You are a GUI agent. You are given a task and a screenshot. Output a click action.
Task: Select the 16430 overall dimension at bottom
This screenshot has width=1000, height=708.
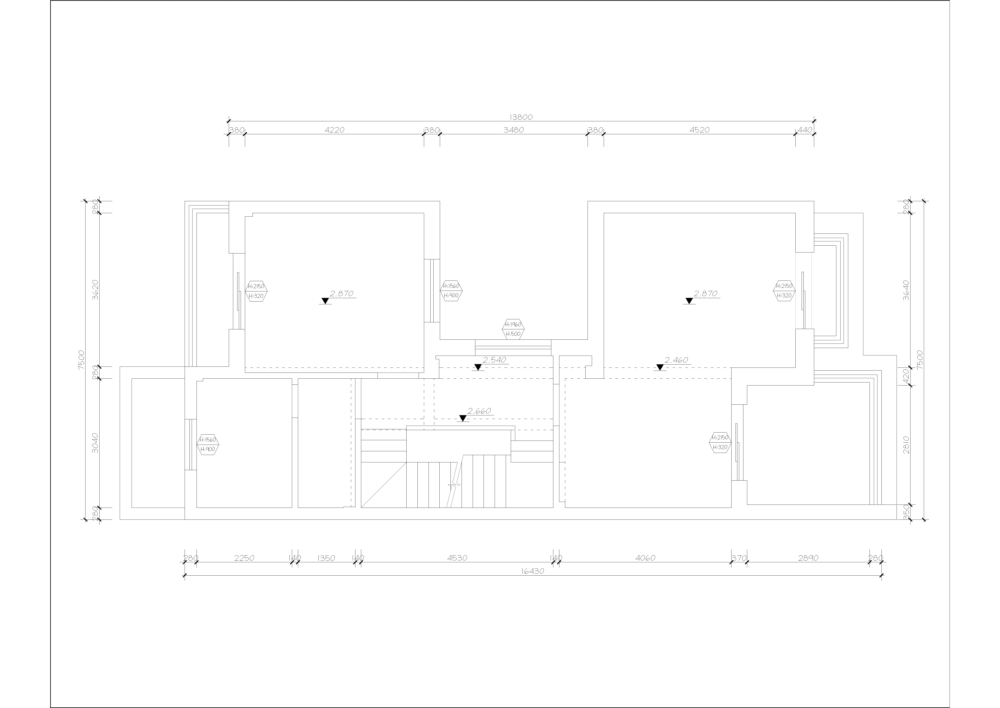tap(533, 571)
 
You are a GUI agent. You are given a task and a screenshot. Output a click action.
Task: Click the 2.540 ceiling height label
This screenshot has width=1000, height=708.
tap(494, 360)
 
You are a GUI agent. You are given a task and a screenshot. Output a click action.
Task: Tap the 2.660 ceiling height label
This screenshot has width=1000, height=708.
tap(479, 411)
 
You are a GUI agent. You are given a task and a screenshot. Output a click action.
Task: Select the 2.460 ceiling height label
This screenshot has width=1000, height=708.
tap(676, 360)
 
